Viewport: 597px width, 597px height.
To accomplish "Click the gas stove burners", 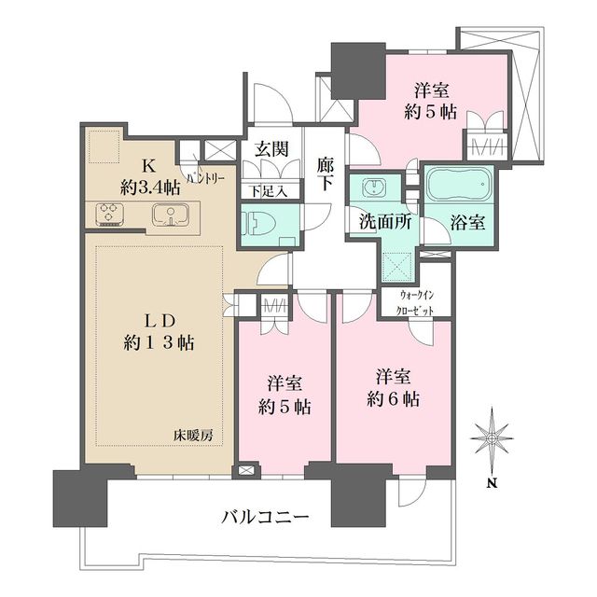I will click(x=110, y=215).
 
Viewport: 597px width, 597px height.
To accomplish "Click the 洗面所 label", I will click(x=381, y=223).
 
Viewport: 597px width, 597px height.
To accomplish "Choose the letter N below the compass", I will click(x=491, y=482).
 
